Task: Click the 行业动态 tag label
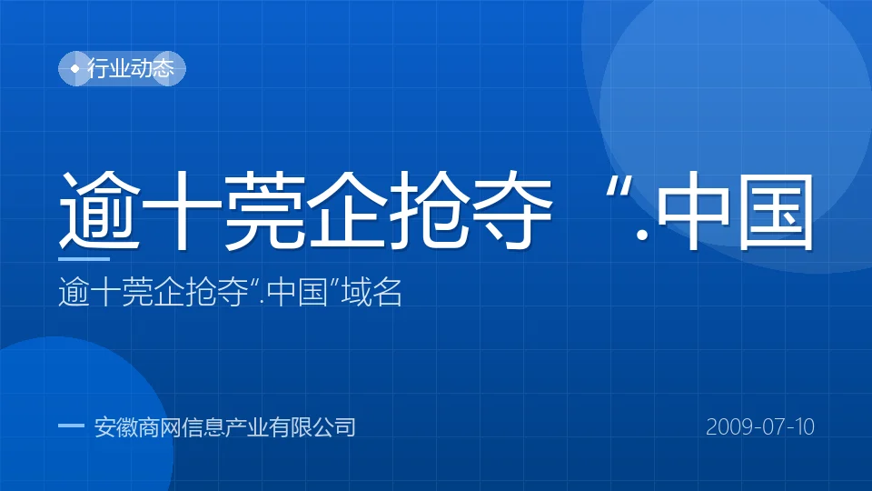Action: click(131, 68)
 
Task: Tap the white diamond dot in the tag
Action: click(75, 68)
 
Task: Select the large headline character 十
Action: click(182, 210)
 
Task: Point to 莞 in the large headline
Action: click(264, 210)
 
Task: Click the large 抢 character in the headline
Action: click(430, 210)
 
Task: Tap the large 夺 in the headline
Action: click(512, 210)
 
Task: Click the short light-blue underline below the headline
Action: click(84, 259)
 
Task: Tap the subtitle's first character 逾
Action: click(74, 292)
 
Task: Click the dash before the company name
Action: click(71, 426)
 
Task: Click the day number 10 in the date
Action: click(805, 427)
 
